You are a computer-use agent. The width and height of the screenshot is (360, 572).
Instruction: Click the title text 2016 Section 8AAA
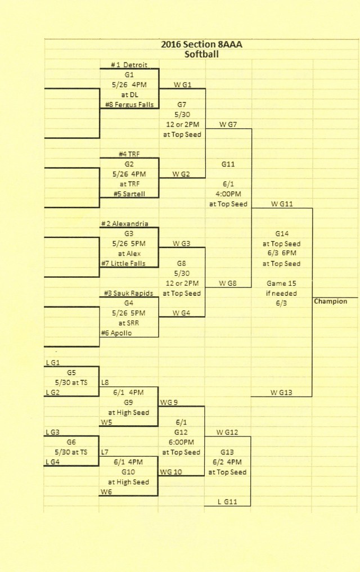pos(201,44)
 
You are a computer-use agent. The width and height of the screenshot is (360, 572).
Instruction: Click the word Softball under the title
pos(201,55)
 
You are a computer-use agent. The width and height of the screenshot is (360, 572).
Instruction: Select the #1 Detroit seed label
pos(129,65)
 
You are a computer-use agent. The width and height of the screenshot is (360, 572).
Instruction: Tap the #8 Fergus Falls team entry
pos(129,105)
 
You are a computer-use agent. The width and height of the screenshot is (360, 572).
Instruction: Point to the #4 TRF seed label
pos(129,154)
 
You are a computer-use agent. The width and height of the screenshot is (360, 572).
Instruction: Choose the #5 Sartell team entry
pos(129,194)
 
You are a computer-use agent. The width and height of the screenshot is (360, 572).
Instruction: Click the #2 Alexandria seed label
pos(125,224)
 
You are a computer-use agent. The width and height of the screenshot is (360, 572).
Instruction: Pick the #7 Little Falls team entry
pos(123,263)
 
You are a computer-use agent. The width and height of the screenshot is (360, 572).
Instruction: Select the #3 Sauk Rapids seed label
pos(128,293)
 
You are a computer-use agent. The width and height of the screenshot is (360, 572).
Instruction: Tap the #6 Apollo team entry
pos(116,333)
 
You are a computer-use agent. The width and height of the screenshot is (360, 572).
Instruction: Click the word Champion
pos(330,301)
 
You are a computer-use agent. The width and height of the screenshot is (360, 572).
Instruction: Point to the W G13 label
pos(281,393)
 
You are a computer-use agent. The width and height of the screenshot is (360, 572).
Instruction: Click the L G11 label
pos(227,502)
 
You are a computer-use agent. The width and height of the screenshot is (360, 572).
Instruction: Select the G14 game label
pos(282,233)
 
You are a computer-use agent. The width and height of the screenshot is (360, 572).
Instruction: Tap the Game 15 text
pos(281,283)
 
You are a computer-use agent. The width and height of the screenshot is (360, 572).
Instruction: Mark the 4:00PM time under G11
pos(228,194)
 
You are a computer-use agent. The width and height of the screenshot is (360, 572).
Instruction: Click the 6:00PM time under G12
pos(181,442)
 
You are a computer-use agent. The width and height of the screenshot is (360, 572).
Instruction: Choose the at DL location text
pos(129,95)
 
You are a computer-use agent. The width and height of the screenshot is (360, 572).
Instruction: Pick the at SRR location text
pos(129,323)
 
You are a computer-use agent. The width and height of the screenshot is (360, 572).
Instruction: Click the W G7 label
pos(228,124)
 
